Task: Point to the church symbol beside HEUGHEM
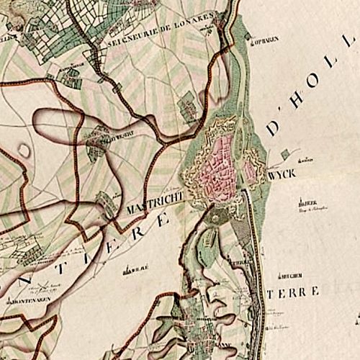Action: point(276,275)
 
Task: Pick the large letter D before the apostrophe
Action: point(274,127)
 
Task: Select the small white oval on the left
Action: point(24,150)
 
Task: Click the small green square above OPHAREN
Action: point(249,33)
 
